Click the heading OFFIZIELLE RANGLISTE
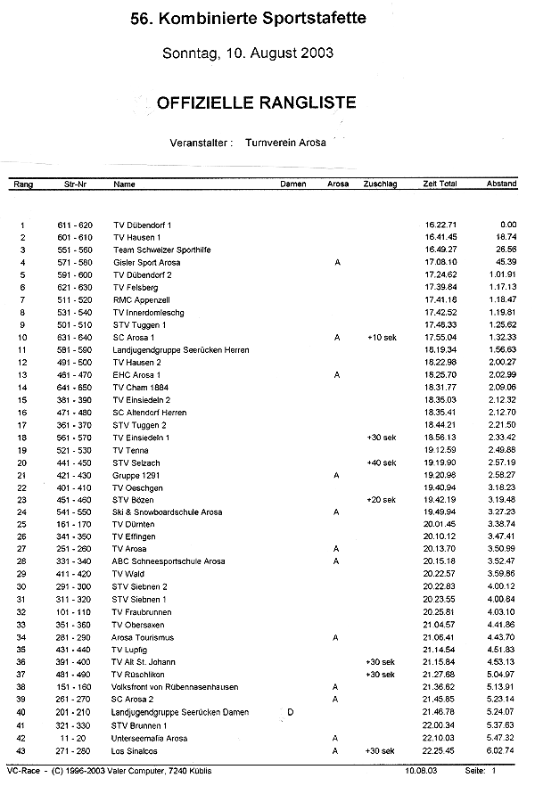point(256,102)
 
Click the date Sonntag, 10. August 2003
point(248,53)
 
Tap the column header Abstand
point(501,184)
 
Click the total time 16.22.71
point(440,225)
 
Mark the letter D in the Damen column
point(291,710)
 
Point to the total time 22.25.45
point(440,750)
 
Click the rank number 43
point(21,750)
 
